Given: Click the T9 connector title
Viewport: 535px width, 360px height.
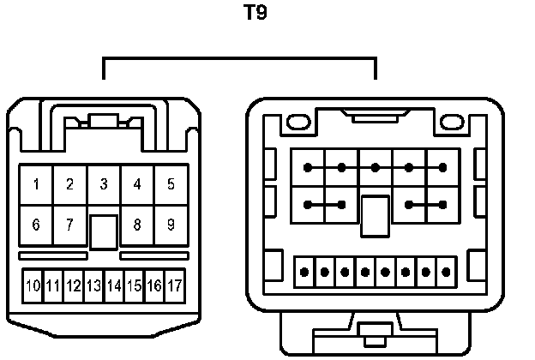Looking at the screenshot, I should click(255, 14).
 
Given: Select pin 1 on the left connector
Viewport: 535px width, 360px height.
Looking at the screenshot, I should click(36, 184).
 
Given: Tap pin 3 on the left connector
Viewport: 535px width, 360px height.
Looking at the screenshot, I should click(104, 184).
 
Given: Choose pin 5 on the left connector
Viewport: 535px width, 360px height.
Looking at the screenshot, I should click(171, 184).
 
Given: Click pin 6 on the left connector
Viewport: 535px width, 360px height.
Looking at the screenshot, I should click(36, 225).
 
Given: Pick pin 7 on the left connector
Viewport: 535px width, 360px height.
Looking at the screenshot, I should click(69, 225).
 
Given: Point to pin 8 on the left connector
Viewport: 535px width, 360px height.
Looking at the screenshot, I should click(137, 225).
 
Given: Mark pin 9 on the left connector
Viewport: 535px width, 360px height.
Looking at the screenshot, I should click(171, 225).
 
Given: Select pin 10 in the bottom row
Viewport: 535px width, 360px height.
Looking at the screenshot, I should click(33, 285).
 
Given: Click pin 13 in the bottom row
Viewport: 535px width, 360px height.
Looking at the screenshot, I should click(93, 285).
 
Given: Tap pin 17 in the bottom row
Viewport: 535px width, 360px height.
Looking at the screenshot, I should click(175, 285).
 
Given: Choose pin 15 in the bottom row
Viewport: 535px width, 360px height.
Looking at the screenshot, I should click(134, 285).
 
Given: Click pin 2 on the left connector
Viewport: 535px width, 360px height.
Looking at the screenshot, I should click(69, 184).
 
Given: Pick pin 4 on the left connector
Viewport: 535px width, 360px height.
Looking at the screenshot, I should click(137, 184).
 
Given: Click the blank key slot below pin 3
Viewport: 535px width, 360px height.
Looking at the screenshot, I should click(104, 232).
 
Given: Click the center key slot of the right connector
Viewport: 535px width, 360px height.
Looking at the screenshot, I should click(375, 215).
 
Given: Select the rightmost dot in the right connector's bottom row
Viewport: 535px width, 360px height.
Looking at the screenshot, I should click(447, 273).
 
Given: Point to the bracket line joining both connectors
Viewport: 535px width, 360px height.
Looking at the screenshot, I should click(239, 59).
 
